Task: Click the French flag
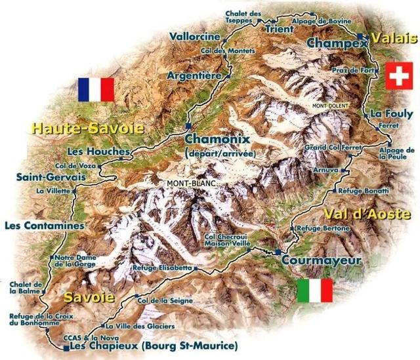coord(96,89)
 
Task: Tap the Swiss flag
coord(396,76)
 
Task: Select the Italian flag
coord(314,290)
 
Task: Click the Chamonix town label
coord(214,140)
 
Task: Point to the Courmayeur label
coord(321,260)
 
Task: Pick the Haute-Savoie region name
coord(87,128)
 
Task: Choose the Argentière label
coord(194,75)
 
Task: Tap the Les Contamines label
coord(45,226)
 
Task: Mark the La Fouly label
coord(390,113)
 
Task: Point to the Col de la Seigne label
coord(163,300)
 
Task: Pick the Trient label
coord(279,29)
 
